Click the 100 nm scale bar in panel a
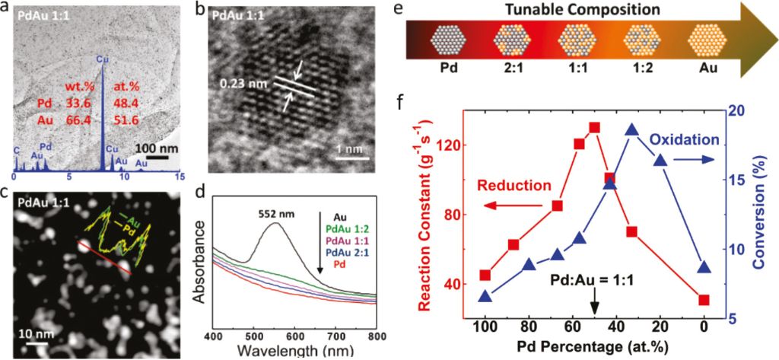tap(158, 158)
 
